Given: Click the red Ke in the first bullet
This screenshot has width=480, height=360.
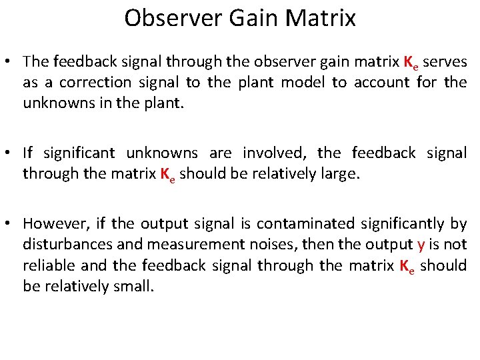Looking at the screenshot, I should pos(412,62).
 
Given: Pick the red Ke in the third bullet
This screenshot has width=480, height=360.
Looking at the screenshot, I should pos(407,266).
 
